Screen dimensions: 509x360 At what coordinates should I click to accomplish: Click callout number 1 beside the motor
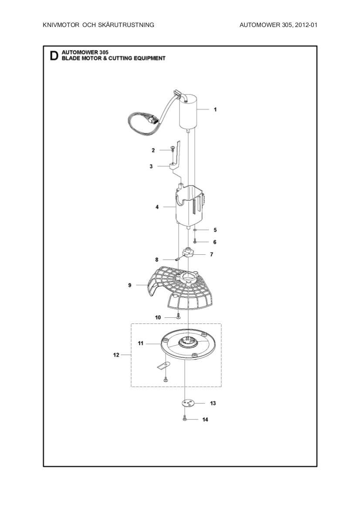[215, 110]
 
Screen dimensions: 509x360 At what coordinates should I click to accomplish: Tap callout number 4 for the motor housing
[157, 207]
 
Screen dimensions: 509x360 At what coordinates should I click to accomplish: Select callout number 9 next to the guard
[130, 285]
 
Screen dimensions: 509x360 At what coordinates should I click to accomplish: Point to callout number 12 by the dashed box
[116, 355]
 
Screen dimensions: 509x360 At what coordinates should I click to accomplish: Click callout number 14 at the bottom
[205, 420]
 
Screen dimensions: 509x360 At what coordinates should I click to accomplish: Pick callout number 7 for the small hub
[211, 254]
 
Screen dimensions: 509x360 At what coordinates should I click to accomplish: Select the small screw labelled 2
[173, 149]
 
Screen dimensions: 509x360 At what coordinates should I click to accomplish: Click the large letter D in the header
[54, 56]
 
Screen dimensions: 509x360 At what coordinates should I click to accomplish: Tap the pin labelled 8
[178, 259]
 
